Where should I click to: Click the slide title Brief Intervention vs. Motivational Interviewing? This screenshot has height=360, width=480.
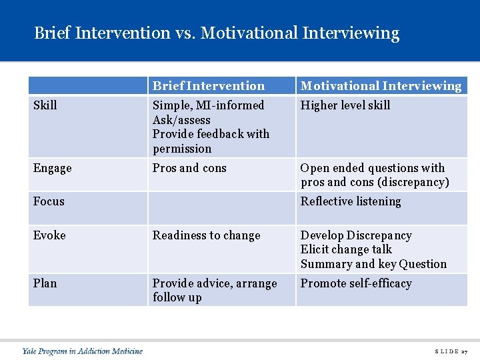click(217, 33)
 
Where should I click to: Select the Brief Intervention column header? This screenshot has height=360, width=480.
click(208, 85)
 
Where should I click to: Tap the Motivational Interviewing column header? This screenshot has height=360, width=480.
click(381, 85)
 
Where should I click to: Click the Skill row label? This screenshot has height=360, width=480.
click(45, 105)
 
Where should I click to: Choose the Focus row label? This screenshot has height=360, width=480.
click(49, 201)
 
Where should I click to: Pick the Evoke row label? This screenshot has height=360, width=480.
click(50, 235)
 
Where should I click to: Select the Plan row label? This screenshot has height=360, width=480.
click(45, 283)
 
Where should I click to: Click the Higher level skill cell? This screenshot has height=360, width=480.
click(345, 105)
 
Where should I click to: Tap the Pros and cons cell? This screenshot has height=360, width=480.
click(189, 168)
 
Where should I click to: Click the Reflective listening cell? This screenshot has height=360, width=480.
click(351, 201)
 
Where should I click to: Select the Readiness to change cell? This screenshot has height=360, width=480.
click(207, 235)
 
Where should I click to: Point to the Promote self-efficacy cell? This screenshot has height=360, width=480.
click(356, 283)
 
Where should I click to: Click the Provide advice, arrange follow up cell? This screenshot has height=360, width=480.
click(214, 290)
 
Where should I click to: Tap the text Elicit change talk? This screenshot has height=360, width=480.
click(346, 249)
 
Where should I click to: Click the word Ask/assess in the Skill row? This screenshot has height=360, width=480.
click(181, 120)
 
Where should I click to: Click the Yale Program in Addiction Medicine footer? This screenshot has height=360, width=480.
click(82, 351)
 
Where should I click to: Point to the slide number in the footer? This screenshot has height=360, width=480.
click(451, 351)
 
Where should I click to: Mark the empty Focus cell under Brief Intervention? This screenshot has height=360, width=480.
click(221, 208)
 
